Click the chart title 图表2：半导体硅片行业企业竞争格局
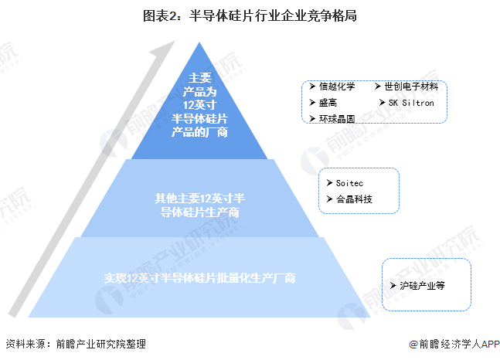coord(250,15)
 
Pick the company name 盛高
coord(328,102)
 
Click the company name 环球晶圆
coord(337,118)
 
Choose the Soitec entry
coord(350,184)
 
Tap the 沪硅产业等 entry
coord(422,285)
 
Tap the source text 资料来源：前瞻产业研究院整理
coord(75,345)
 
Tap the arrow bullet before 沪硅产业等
coord(393,285)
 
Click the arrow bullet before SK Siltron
coord(381,102)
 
